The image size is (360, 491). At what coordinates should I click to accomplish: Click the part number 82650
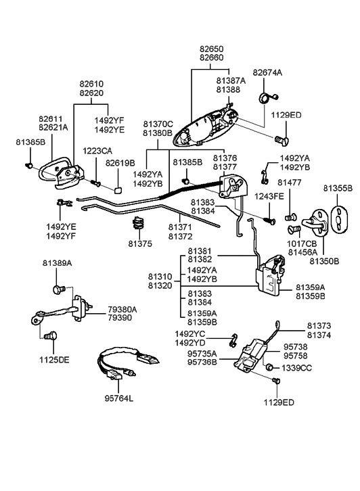(x=211, y=49)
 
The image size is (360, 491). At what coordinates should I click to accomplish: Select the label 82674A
(x=267, y=72)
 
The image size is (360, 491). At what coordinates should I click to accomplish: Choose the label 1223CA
(x=97, y=150)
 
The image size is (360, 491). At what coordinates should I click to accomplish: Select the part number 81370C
(x=158, y=124)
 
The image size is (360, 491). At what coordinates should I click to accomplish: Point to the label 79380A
(x=122, y=309)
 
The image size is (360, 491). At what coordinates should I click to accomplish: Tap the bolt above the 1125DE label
(x=49, y=335)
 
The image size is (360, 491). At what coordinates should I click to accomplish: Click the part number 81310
(x=160, y=277)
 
